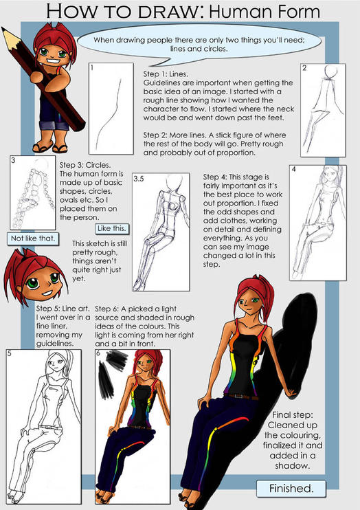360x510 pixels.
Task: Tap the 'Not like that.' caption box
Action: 33,239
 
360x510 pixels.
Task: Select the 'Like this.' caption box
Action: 111,228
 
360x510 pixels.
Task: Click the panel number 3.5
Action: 139,179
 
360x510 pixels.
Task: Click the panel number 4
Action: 294,169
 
